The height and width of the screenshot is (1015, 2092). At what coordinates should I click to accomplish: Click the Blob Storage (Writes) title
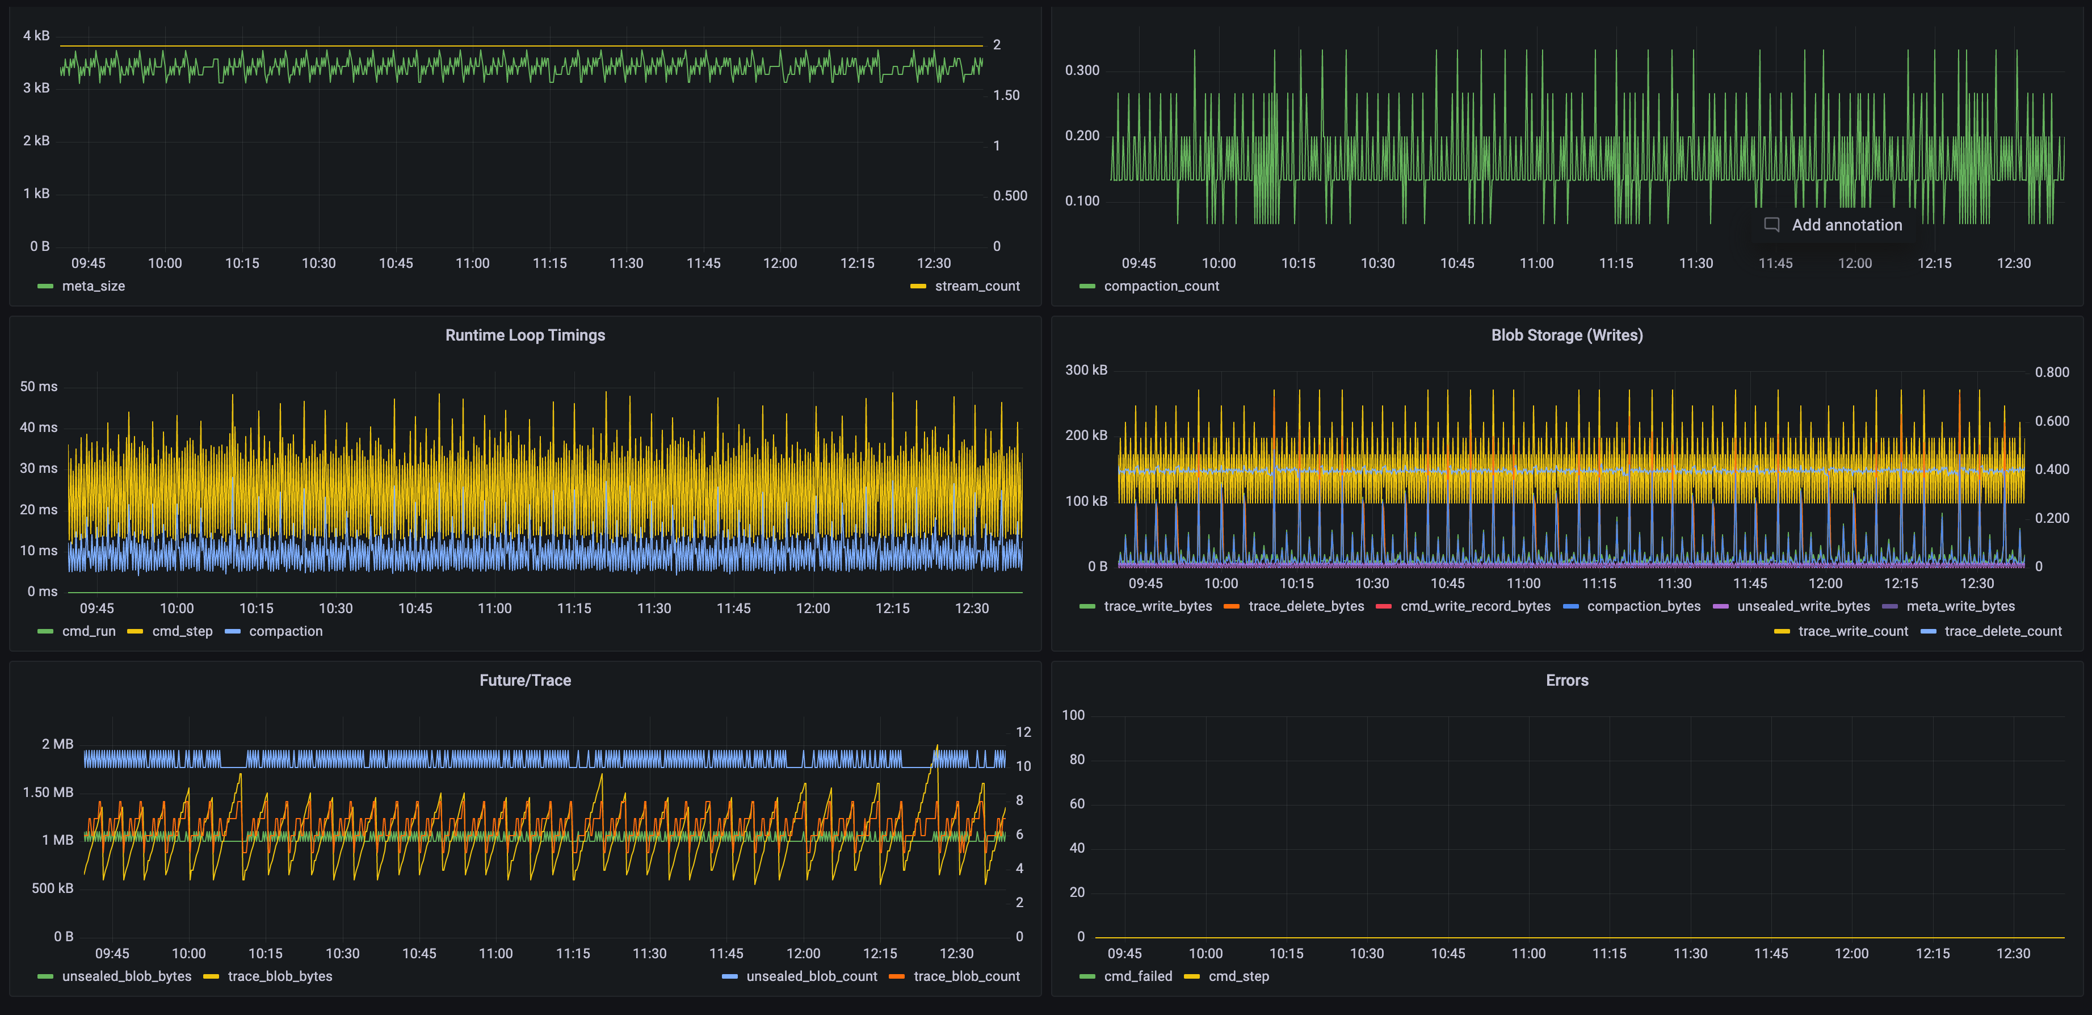[1566, 335]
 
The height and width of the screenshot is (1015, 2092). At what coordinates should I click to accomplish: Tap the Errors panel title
[1566, 681]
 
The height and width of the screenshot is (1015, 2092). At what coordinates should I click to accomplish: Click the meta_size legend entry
[93, 286]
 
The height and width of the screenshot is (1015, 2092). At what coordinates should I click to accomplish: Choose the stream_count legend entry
[976, 286]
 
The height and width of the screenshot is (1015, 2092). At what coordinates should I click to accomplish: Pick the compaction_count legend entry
[1161, 286]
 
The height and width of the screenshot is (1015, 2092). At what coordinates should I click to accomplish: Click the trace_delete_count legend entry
[2002, 631]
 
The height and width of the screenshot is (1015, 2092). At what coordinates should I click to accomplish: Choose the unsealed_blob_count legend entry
[811, 976]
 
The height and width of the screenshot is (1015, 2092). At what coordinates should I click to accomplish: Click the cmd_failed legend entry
[1137, 976]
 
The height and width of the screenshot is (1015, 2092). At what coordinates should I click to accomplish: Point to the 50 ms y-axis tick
[38, 387]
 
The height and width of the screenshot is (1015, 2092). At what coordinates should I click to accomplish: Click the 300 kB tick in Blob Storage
[1086, 370]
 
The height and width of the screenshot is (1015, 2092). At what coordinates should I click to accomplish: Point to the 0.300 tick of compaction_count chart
[1082, 70]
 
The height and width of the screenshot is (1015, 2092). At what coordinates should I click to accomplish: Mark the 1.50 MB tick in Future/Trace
[48, 792]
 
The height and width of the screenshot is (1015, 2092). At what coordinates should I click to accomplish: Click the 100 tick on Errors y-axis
[1073, 715]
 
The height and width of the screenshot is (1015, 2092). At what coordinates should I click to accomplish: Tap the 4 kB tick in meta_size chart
[36, 36]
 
